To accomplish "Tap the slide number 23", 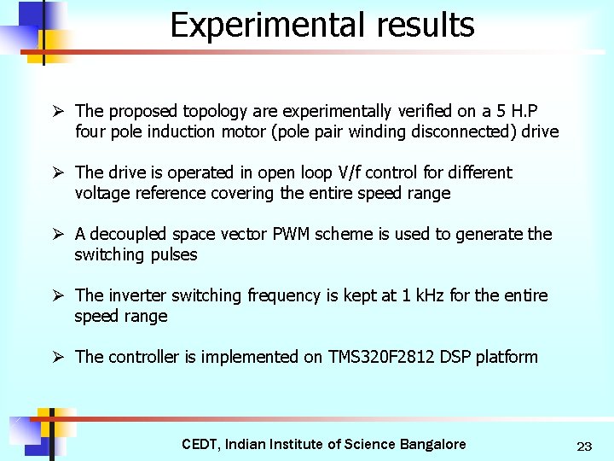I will point(584,446).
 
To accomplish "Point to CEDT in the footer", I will point(200,444).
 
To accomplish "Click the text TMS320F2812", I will point(381,357).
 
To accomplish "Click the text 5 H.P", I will point(519,111).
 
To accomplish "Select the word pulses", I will point(173,254).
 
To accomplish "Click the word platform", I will point(507,357).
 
